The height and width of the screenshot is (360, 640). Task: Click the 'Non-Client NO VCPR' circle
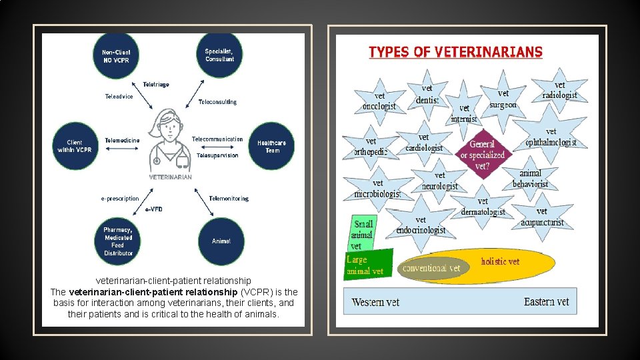[116, 56]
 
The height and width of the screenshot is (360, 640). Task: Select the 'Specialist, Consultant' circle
[219, 55]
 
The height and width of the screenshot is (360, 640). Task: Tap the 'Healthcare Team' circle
[271, 146]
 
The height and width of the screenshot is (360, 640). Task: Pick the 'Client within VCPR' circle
[75, 146]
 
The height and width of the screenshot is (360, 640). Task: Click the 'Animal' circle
[221, 241]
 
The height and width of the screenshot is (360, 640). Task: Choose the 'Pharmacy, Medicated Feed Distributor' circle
[118, 241]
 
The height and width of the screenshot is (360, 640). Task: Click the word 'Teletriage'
[156, 85]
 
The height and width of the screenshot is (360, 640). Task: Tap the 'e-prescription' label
[120, 198]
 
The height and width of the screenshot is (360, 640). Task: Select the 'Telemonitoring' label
[228, 198]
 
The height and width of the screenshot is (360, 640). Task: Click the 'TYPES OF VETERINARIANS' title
[455, 52]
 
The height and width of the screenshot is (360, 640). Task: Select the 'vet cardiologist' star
[424, 143]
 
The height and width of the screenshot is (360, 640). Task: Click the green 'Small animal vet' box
[363, 235]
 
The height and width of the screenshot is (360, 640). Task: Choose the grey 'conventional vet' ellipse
[431, 268]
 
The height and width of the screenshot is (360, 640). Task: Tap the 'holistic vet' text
[500, 261]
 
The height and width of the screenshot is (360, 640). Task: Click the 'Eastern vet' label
[546, 302]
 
